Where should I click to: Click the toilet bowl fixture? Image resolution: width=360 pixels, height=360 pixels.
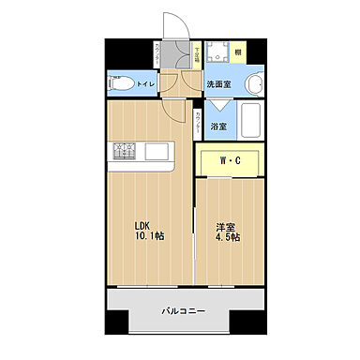119,83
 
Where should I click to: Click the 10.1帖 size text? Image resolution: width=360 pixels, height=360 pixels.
147,238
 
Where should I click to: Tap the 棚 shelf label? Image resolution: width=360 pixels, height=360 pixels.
238,52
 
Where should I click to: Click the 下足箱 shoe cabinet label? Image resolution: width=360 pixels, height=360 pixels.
197,57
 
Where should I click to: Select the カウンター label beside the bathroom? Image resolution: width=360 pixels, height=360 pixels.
198,119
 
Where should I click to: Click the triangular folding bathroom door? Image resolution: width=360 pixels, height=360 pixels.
217,105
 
